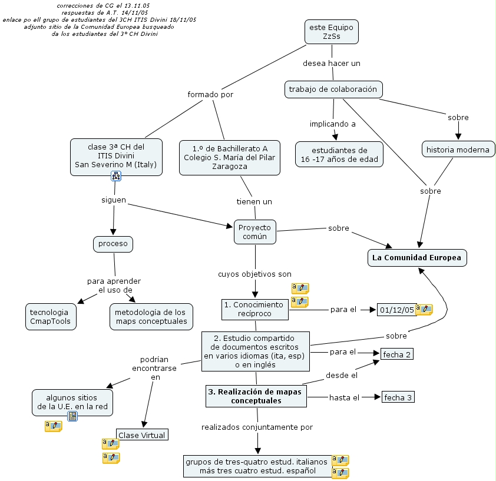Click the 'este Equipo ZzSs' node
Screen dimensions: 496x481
[x=332, y=32]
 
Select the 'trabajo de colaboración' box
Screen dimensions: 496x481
[x=333, y=89]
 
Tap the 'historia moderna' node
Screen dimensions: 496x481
[x=458, y=150]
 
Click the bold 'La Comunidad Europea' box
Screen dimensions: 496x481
[x=417, y=258]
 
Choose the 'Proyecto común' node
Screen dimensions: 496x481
[x=255, y=232]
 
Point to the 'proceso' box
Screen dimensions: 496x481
[x=113, y=244]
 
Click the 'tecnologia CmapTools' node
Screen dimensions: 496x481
[x=51, y=317]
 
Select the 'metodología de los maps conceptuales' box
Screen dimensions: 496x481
[x=151, y=317]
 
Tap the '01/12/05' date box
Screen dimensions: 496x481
[x=396, y=310]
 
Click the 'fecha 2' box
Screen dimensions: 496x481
[x=396, y=354]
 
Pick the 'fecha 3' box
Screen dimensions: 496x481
[x=398, y=397]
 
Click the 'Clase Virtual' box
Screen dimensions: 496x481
[x=142, y=435]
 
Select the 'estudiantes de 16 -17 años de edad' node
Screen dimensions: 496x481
[x=339, y=154]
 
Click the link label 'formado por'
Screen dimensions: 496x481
[x=210, y=95]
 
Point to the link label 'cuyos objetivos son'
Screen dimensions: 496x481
[x=254, y=274]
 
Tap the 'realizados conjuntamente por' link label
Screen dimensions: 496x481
[x=257, y=427]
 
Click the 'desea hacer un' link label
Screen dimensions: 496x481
[x=332, y=63]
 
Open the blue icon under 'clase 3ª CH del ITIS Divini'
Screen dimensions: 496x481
[x=116, y=176]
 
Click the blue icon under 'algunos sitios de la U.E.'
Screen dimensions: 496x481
[x=72, y=416]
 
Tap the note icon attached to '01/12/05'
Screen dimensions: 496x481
[x=424, y=309]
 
